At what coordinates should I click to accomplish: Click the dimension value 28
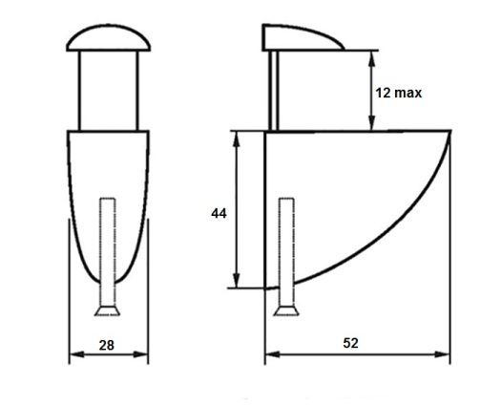[x=106, y=346]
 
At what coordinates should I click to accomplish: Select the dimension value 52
[x=350, y=343]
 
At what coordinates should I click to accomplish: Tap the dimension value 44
[x=219, y=213]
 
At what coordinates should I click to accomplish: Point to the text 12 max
[x=399, y=93]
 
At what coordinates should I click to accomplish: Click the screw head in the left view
[x=107, y=311]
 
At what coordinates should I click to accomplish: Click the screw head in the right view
[x=286, y=311]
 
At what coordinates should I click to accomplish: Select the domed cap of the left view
[x=109, y=37]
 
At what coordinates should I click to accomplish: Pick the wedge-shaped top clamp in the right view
[x=301, y=38]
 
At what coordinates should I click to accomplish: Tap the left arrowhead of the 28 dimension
[x=76, y=354]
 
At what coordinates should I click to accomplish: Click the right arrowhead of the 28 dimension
[x=140, y=354]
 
